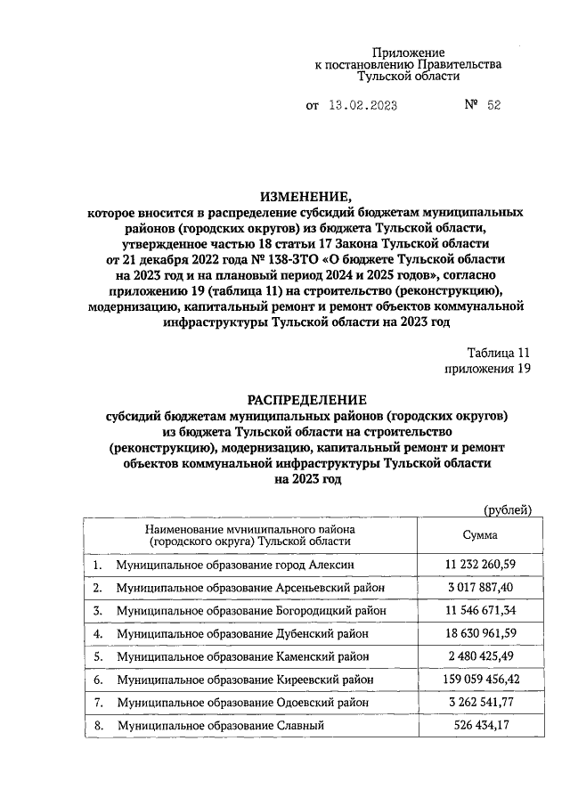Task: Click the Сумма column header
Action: pos(480,535)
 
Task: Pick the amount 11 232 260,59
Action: pos(480,566)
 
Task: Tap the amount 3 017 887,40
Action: pos(480,589)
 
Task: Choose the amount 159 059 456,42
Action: pos(480,680)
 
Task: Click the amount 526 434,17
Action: pos(480,727)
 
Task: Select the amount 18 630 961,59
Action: pos(480,634)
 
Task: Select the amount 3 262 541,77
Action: pos(480,704)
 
